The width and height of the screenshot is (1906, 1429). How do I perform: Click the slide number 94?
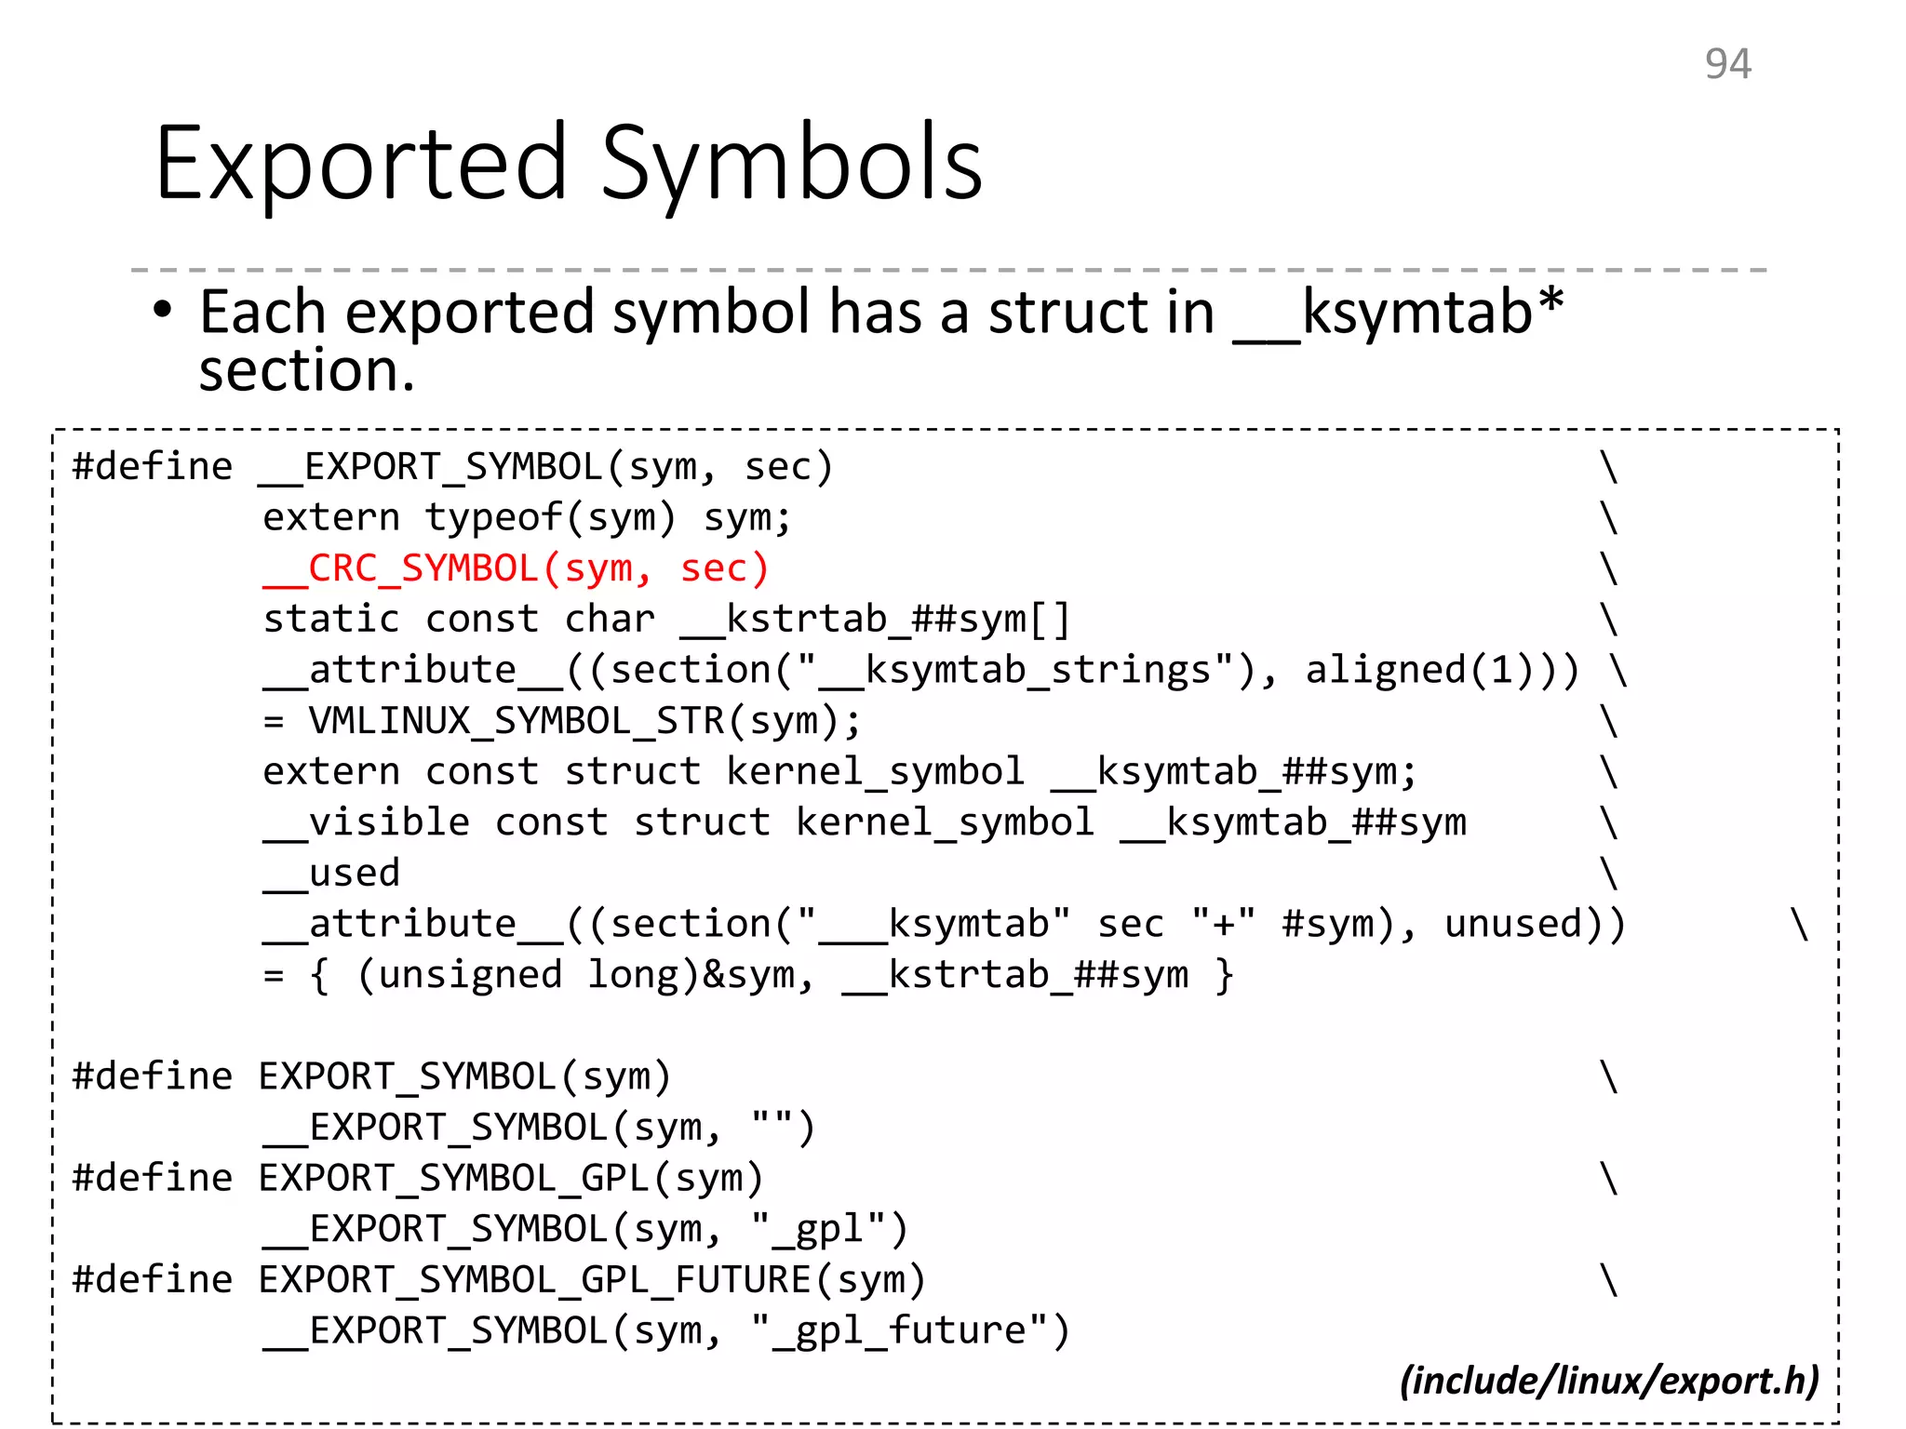click(x=1727, y=64)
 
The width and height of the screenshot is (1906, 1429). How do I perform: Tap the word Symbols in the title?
click(x=791, y=166)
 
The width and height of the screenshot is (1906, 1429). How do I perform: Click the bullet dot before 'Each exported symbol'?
click(x=163, y=310)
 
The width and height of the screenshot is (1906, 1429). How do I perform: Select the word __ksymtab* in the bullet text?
click(x=1398, y=312)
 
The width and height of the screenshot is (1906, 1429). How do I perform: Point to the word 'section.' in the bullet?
click(x=306, y=371)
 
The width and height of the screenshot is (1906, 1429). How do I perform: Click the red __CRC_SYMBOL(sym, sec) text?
click(x=517, y=568)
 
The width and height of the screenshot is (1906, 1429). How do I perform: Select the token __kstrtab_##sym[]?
click(x=875, y=620)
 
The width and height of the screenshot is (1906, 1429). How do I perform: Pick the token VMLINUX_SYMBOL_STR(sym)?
click(x=585, y=721)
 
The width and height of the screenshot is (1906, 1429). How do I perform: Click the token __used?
click(x=331, y=874)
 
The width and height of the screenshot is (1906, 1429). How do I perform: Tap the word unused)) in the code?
click(x=1535, y=924)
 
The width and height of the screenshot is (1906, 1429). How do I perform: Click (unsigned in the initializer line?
click(x=460, y=975)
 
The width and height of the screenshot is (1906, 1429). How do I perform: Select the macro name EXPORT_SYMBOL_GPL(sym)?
click(x=511, y=1179)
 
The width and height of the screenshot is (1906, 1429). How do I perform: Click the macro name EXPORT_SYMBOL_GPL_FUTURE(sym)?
click(x=592, y=1280)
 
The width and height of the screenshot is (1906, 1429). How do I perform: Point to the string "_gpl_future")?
click(x=911, y=1330)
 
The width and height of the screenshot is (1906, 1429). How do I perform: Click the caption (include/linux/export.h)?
click(x=1609, y=1381)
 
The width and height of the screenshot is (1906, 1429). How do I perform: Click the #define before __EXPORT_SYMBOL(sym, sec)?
click(x=153, y=466)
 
